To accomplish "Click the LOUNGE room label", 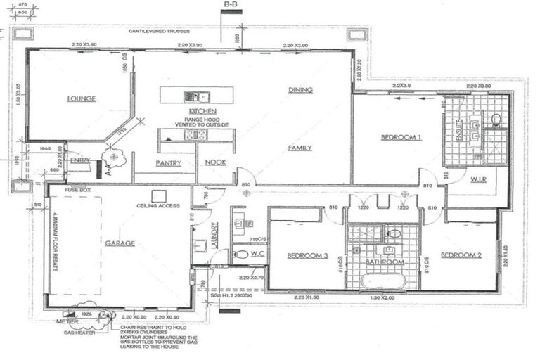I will point(81,98).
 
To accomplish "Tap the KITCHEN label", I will point(202,112).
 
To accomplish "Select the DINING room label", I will point(300,90).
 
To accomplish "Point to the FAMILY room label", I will point(300,148).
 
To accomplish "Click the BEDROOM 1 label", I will point(401,138).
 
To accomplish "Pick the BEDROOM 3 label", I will point(308,255).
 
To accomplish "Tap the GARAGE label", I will point(120,243).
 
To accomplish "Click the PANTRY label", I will point(169,163).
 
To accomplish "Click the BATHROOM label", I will point(384,262).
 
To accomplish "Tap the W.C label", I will point(257,253).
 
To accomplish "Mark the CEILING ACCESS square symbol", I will point(160,194).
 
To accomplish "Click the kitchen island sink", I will point(191,96).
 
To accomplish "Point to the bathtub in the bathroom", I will point(383,281).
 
